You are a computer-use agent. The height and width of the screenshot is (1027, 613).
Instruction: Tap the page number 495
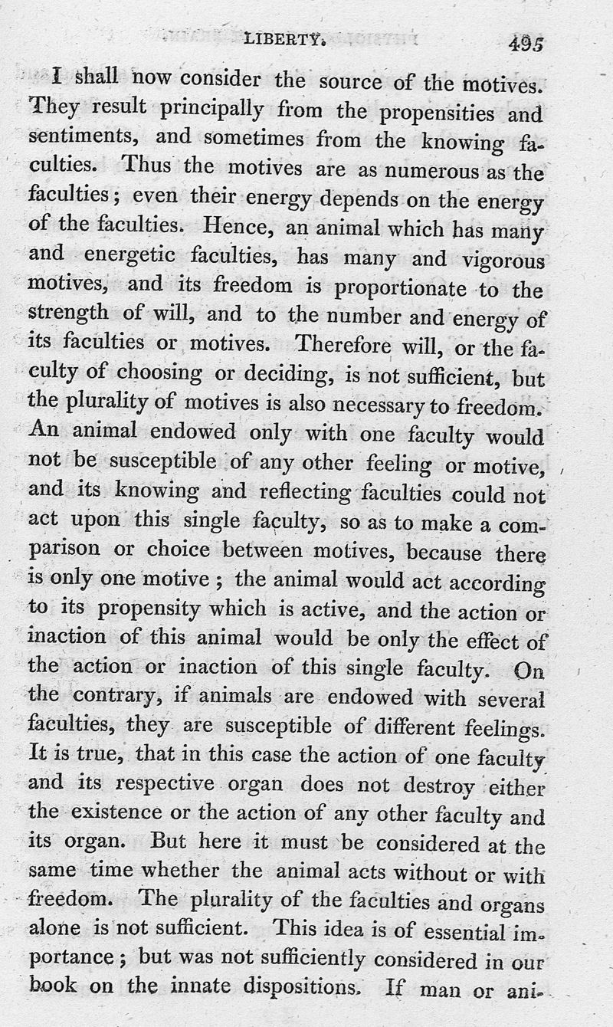coord(525,44)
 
